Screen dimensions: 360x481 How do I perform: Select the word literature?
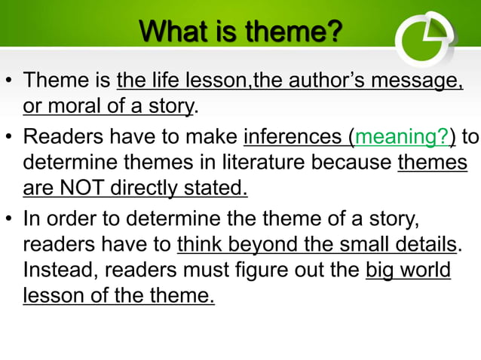tap(274, 162)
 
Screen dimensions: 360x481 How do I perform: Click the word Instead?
tap(55, 270)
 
